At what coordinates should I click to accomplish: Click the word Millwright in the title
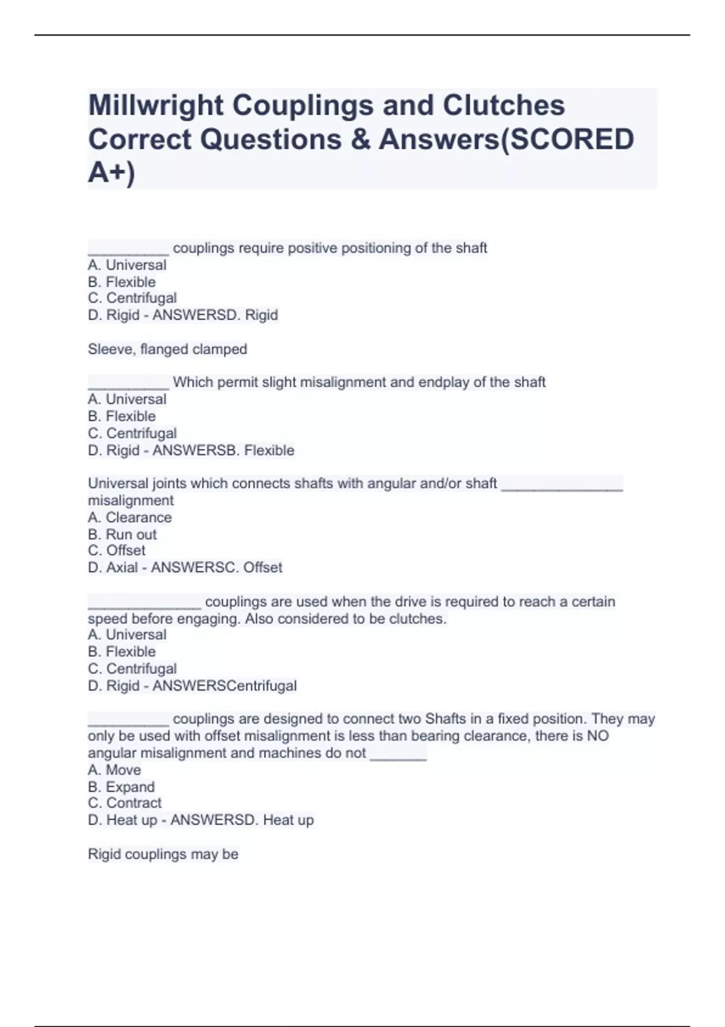coord(156,106)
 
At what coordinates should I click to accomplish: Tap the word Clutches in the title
coord(504,106)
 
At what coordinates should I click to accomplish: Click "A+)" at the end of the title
coord(112,173)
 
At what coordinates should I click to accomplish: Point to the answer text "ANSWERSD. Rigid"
coord(215,315)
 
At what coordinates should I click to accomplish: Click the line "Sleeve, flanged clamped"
coord(167,349)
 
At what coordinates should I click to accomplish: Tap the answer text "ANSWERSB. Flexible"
coord(223,450)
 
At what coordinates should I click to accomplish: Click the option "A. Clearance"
coord(129,518)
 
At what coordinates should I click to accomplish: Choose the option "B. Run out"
coord(122,535)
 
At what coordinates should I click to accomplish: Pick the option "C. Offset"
coord(117,550)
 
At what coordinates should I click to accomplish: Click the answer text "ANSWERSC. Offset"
coord(216,567)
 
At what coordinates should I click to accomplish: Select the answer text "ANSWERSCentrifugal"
coord(224,686)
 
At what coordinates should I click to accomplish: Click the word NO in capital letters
coord(598,736)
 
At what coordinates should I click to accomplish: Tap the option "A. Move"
coord(114,770)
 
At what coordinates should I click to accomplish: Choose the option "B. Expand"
coord(121,787)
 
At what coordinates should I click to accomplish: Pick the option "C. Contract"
coord(124,803)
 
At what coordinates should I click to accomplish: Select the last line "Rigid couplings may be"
coord(163,854)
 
